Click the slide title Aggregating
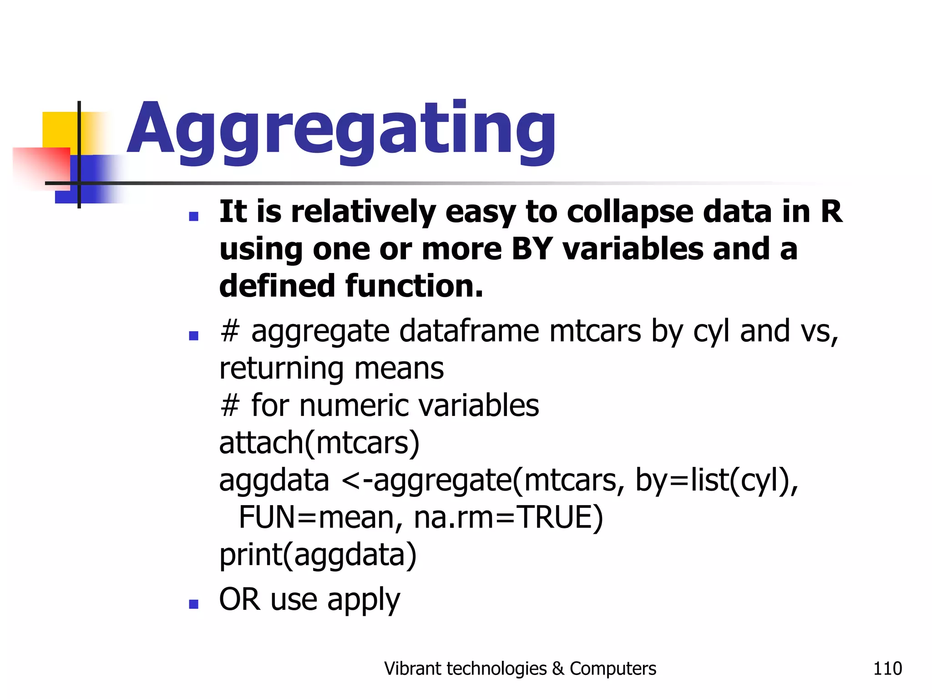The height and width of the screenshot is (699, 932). [341, 130]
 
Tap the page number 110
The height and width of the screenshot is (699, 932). [887, 669]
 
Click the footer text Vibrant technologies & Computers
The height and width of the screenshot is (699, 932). [520, 669]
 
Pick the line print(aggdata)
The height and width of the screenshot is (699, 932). [318, 555]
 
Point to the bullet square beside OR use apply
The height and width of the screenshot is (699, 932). [194, 604]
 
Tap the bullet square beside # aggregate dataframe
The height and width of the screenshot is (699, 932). [194, 336]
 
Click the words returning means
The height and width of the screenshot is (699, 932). [331, 369]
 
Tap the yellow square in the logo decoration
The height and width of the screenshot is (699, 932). [59, 130]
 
